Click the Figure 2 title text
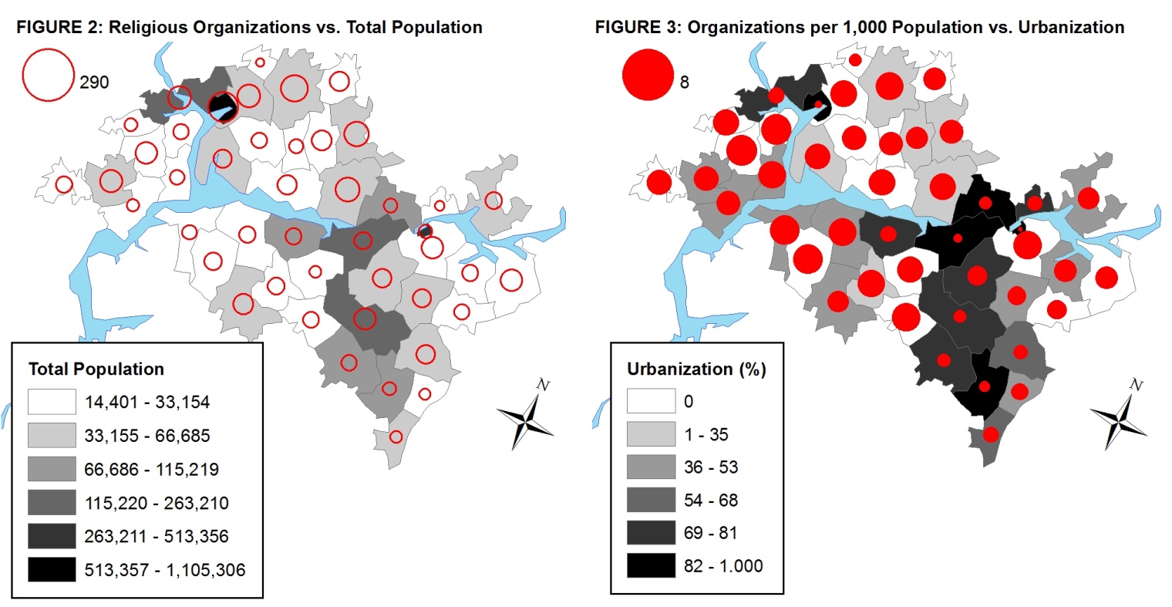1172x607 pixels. click(x=249, y=28)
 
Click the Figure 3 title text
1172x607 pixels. click(x=859, y=28)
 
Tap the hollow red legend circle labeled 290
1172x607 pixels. click(x=49, y=75)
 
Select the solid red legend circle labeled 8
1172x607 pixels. click(x=648, y=75)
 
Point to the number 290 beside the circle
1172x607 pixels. click(x=94, y=83)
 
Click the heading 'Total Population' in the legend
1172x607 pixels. click(x=96, y=369)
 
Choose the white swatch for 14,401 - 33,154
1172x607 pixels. click(x=52, y=402)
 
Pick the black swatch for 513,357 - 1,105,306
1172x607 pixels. click(x=52, y=570)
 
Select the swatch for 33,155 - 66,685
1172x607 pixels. click(x=52, y=436)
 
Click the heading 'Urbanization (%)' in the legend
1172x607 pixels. click(x=696, y=369)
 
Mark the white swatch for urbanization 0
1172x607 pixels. click(x=651, y=401)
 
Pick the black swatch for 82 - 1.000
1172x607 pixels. click(x=651, y=565)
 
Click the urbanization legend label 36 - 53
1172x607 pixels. click(x=711, y=467)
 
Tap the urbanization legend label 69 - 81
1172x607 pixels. click(x=711, y=533)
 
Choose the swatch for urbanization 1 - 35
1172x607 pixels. click(x=651, y=434)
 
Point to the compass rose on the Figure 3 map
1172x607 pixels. click(x=1120, y=416)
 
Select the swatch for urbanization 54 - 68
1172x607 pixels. click(x=651, y=500)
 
